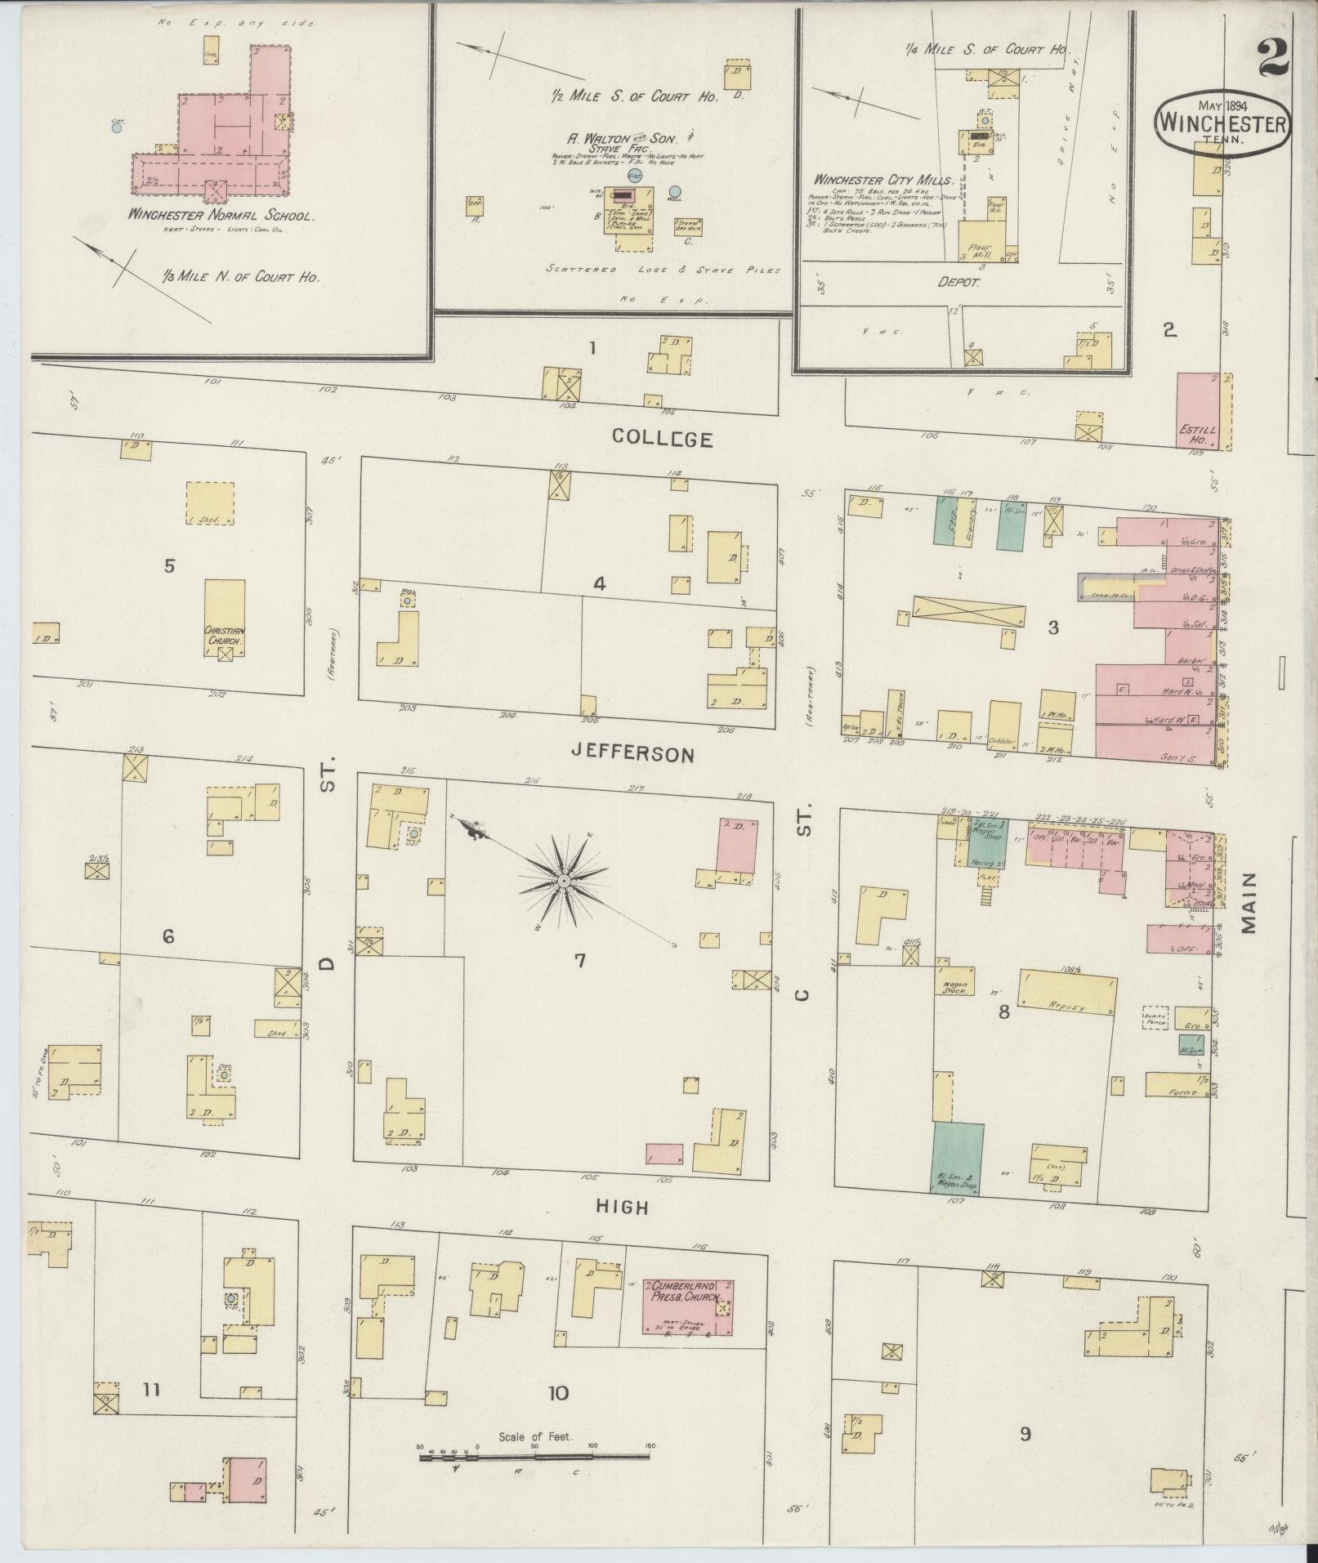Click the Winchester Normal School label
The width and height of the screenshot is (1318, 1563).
(221, 217)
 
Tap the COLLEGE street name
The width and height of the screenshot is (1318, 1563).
(663, 439)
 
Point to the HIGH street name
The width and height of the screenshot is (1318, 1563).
(622, 1206)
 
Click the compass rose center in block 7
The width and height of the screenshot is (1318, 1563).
(563, 882)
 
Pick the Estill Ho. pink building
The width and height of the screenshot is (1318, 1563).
(1198, 411)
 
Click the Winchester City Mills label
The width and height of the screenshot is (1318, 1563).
(883, 179)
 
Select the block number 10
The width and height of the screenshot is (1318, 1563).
(558, 1393)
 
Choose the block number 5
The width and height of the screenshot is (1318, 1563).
(169, 565)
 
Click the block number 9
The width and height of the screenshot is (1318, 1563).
(1025, 1433)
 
